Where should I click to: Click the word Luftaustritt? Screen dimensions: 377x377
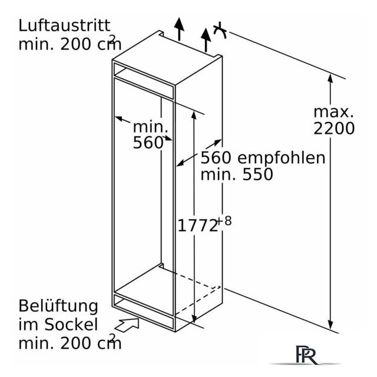tap(64, 26)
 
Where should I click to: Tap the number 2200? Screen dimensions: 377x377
tap(334, 128)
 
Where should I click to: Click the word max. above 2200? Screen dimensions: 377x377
tap(333, 112)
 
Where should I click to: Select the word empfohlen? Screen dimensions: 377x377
tap(281, 158)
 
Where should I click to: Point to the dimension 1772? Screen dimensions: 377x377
tap(197, 226)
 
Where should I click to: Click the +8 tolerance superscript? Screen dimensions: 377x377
tap(224, 221)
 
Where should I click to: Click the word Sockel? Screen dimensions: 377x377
tap(71, 325)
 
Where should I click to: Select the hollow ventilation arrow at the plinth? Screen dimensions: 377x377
tap(127, 325)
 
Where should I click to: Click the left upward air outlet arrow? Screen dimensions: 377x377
tap(179, 29)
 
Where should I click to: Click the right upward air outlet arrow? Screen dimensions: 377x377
tap(206, 40)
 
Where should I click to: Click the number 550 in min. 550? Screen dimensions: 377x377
tap(257, 174)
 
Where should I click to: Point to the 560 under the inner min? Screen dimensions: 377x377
tap(148, 143)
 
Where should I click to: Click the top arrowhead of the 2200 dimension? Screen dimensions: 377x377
tap(330, 79)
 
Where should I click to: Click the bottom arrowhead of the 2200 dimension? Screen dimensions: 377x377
tap(330, 325)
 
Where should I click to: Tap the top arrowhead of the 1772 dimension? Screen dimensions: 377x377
tap(194, 115)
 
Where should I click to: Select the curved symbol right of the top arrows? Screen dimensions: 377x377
tap(220, 31)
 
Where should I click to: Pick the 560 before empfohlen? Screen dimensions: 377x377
tap(216, 158)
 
